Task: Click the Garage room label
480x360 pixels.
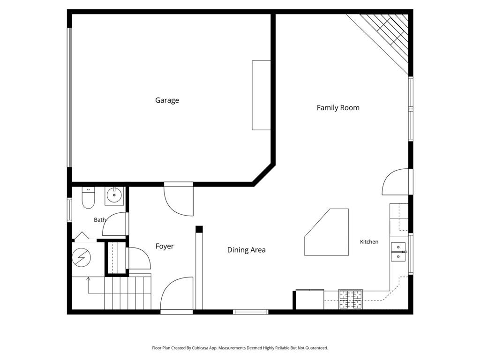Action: coord(167,100)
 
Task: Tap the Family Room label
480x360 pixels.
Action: coord(338,108)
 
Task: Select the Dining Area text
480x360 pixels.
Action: coord(247,250)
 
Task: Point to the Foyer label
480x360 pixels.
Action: coord(165,247)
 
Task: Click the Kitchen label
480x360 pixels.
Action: coord(369,242)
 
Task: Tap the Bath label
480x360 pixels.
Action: coord(100,220)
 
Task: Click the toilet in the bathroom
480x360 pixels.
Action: coord(88,198)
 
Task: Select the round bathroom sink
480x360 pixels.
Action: coord(114,195)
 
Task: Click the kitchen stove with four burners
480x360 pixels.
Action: coord(351,299)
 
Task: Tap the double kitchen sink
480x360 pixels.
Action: coord(398,252)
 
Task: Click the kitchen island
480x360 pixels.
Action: coord(327,232)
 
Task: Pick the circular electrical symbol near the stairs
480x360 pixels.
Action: coord(82,257)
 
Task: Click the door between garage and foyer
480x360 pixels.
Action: coord(179,199)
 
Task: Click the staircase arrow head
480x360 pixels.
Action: coord(88,278)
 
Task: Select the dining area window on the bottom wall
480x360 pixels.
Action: coord(250,312)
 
